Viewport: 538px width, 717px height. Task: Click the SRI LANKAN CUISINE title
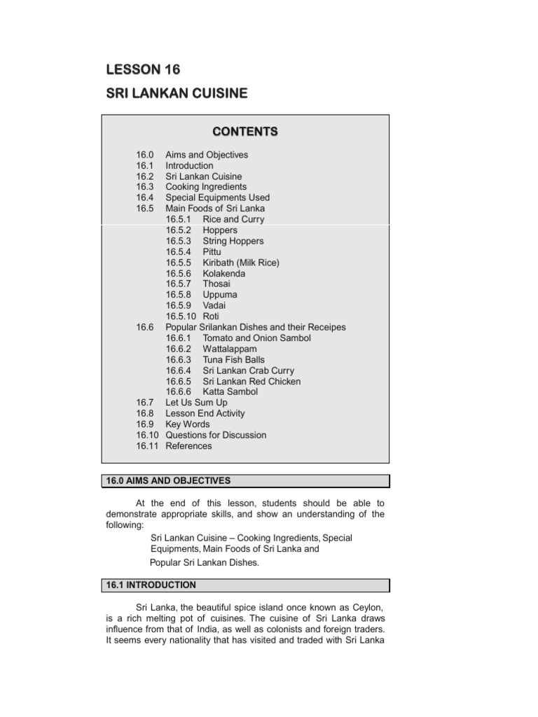click(x=176, y=94)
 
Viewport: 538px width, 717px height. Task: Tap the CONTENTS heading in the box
click(x=245, y=132)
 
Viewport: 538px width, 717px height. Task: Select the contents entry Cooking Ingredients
click(x=206, y=187)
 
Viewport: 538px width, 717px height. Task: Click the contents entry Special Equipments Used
click(x=217, y=197)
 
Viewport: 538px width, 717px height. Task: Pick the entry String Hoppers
click(x=233, y=241)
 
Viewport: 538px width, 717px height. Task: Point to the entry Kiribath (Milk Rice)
click(x=241, y=263)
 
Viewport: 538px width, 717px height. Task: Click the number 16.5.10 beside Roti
click(x=181, y=316)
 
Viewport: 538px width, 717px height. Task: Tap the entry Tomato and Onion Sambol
click(x=256, y=338)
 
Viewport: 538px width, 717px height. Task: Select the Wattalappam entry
click(x=230, y=349)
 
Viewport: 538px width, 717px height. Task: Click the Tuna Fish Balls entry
click(x=234, y=360)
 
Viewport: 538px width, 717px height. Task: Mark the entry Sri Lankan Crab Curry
click(x=248, y=370)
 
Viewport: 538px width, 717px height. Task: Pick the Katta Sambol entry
click(x=230, y=392)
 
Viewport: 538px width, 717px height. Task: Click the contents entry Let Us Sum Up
click(x=196, y=403)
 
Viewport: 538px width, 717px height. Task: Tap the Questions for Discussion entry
click(x=216, y=435)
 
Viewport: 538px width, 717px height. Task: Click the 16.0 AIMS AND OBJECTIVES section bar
click(x=245, y=480)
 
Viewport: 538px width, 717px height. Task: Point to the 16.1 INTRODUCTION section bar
click(x=245, y=585)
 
